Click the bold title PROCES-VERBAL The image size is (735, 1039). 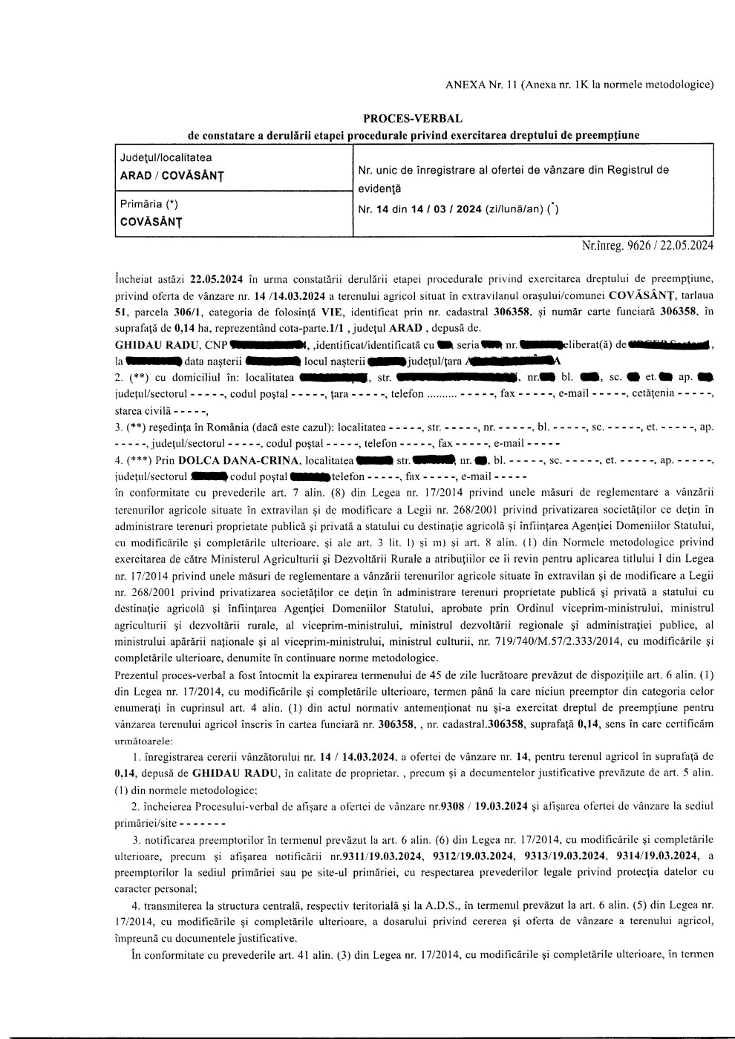[412, 119]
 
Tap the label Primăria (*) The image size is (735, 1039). [149, 204]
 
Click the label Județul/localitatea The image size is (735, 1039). [166, 157]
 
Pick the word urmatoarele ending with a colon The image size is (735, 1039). [145, 741]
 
